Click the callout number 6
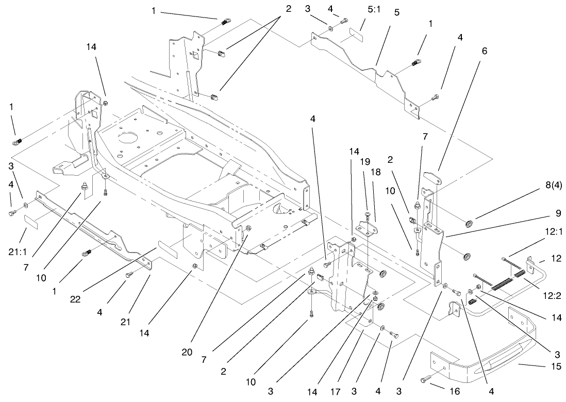point(485,51)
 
